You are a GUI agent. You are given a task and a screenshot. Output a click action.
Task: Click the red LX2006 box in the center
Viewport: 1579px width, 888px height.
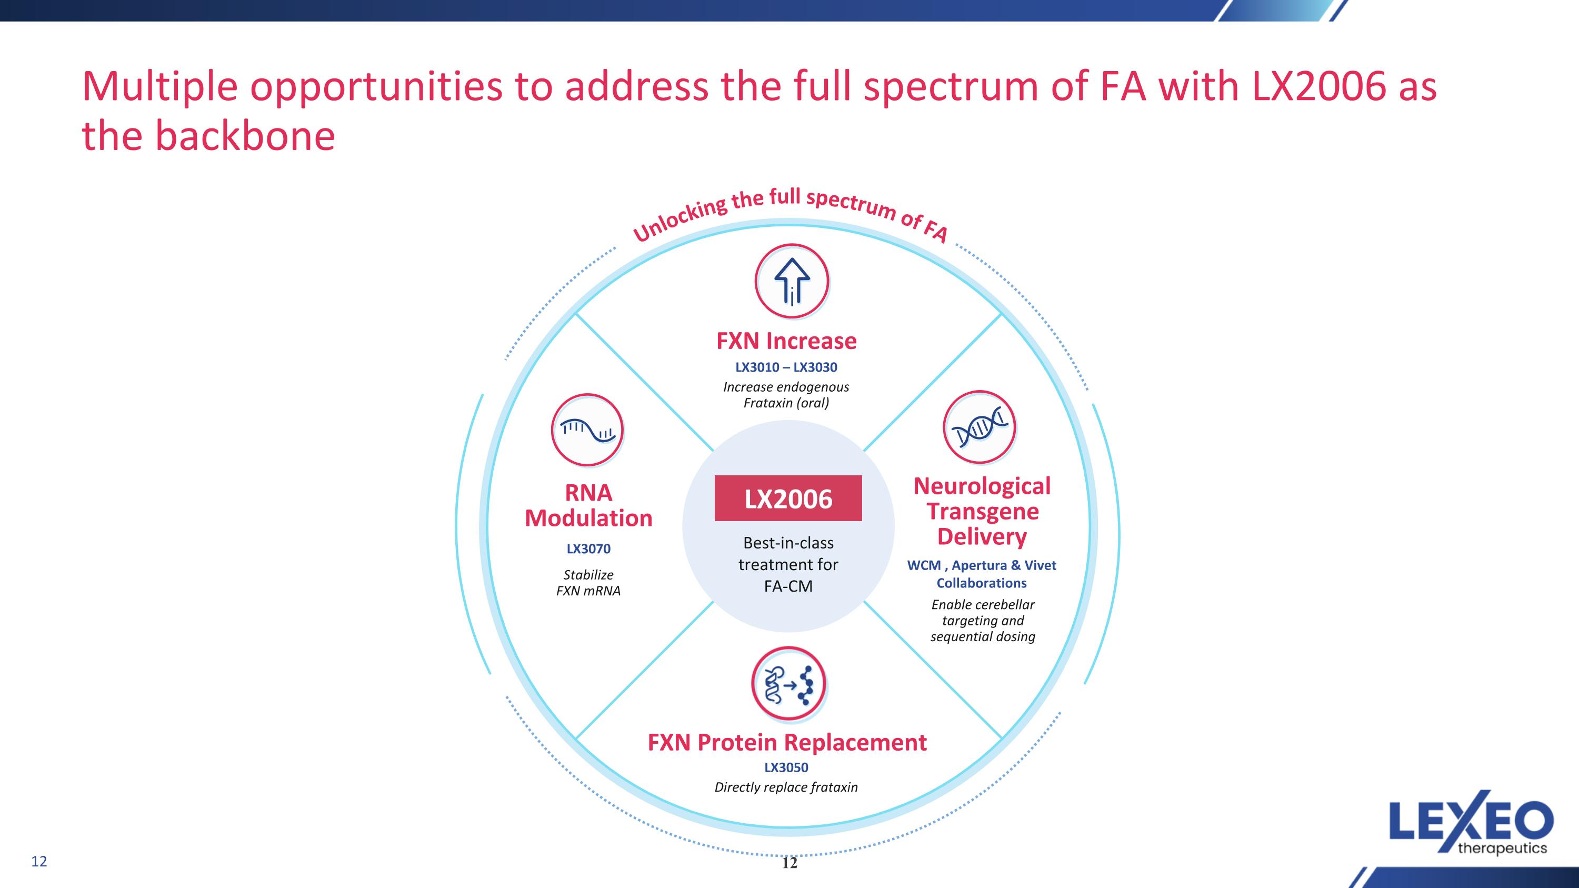[788, 498]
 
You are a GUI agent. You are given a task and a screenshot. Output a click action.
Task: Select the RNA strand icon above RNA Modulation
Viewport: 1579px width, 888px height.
[587, 430]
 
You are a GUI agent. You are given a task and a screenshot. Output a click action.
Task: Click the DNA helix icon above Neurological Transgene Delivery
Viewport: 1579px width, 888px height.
[980, 427]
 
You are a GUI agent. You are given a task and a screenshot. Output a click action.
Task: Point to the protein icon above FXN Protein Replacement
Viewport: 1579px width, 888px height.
[788, 683]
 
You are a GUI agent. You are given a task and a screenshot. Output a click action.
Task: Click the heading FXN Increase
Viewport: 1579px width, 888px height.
[786, 341]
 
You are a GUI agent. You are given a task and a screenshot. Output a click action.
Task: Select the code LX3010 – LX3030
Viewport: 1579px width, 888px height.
[786, 367]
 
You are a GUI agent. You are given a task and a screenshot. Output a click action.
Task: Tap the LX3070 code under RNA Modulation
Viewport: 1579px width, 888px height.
[588, 548]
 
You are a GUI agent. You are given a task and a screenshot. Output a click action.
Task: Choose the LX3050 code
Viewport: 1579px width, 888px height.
[786, 767]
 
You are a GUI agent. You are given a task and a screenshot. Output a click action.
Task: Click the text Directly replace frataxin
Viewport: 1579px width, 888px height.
[786, 787]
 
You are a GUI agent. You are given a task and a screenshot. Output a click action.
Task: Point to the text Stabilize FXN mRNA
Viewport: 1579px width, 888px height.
[588, 583]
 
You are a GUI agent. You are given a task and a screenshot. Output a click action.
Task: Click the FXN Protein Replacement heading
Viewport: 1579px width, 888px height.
[787, 742]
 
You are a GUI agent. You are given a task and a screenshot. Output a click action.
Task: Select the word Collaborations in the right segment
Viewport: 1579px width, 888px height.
[982, 583]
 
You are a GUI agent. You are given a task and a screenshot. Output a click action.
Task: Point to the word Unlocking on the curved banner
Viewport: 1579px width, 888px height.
[681, 219]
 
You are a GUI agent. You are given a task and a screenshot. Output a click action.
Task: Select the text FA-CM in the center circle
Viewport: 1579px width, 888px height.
[788, 586]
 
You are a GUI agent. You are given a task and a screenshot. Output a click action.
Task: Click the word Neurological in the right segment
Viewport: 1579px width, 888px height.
[982, 486]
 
